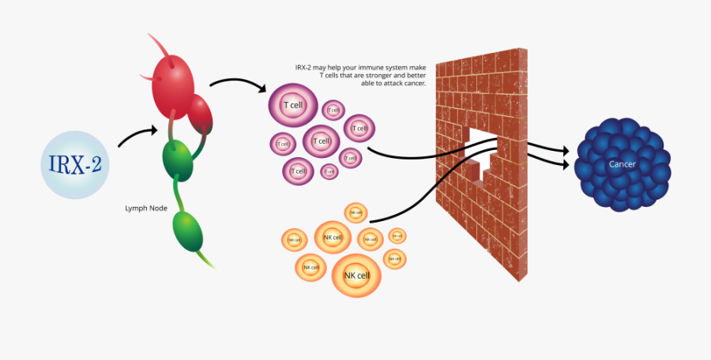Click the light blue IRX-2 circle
[74, 164]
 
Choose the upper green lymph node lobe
[178, 158]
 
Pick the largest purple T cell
[292, 107]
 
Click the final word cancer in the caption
[415, 83]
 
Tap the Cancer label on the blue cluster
[623, 164]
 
